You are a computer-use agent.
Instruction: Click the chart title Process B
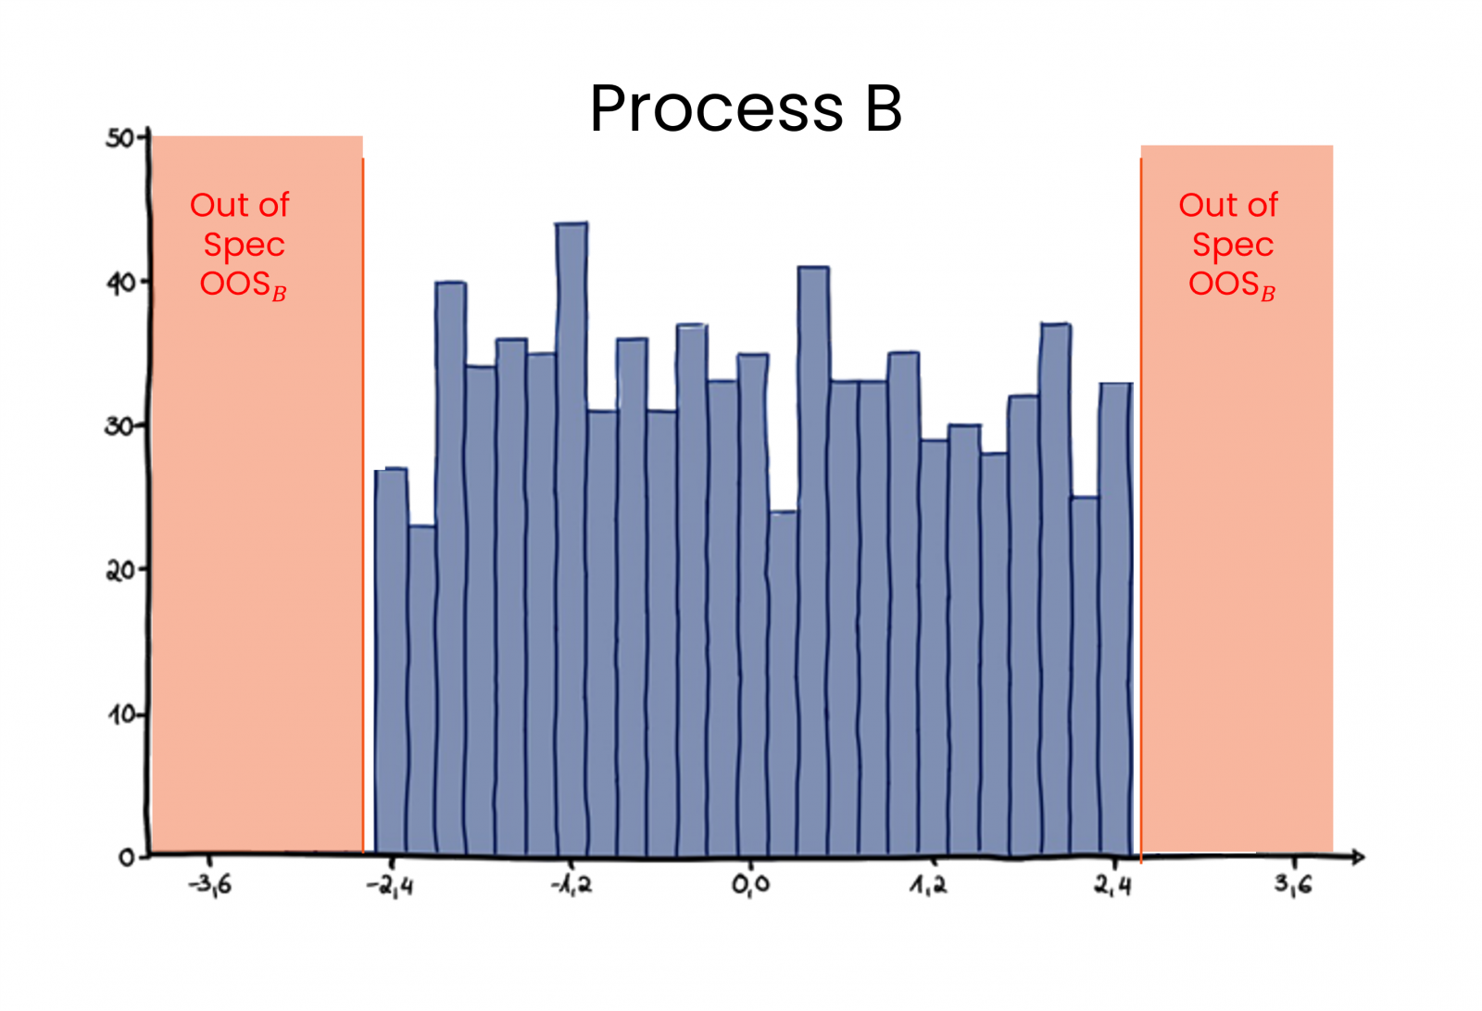pos(746,108)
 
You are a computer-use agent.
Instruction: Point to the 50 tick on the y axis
pos(121,138)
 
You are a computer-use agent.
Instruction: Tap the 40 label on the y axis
pos(121,283)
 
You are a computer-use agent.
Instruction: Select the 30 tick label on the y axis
pos(121,426)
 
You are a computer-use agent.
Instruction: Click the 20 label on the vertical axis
pos(121,570)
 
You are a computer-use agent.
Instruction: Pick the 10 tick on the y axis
pos(121,714)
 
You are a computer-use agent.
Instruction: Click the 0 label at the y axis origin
pos(127,858)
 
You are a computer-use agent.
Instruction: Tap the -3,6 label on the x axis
pos(210,885)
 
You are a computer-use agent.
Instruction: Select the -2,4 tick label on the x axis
pos(390,886)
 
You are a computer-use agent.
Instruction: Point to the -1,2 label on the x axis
pos(571,885)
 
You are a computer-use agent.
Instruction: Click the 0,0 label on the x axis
pos(750,885)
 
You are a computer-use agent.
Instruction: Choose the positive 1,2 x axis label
pos(928,885)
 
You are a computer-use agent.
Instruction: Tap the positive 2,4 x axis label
pos(1112,885)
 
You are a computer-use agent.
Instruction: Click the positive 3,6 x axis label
pos(1293,884)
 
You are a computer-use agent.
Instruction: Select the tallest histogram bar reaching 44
pos(571,537)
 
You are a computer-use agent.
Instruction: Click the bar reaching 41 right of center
pos(813,556)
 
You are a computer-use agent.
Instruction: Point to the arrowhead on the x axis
pos(1358,857)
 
